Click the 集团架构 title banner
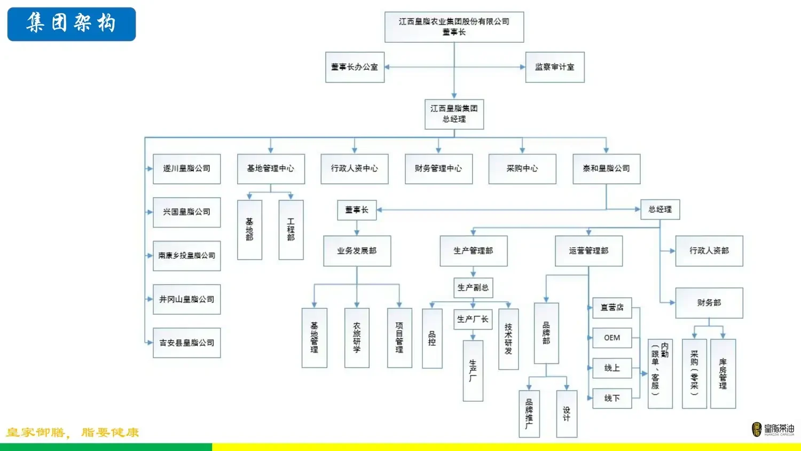72,24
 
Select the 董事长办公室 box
355,67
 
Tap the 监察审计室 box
555,67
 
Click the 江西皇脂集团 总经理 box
454,114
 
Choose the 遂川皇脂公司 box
186,169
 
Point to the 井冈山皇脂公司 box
186,299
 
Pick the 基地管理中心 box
271,169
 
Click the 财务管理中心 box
438,169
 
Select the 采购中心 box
522,169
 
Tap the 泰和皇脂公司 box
606,169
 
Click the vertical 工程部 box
291,230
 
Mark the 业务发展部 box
357,251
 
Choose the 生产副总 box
473,287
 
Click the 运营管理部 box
588,251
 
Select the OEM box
612,338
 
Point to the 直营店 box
612,308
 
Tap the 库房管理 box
723,374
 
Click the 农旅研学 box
357,337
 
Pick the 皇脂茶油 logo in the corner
773,429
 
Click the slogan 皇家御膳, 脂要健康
73,432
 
